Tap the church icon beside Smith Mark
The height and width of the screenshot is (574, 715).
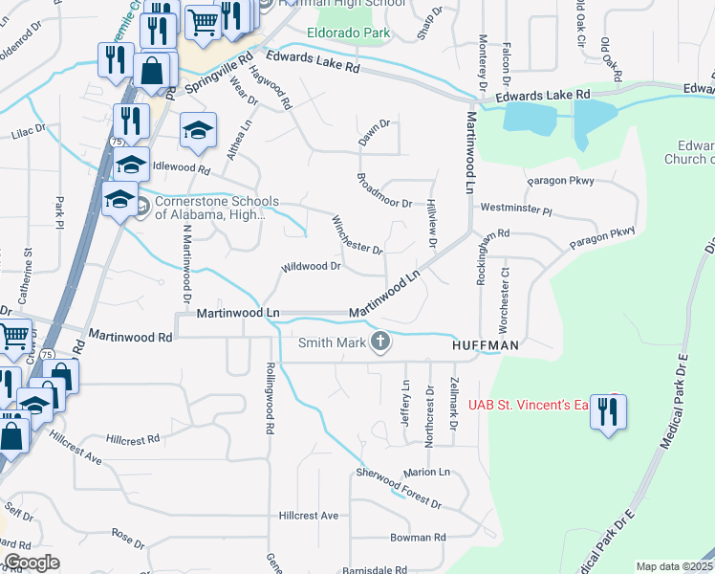pos(380,342)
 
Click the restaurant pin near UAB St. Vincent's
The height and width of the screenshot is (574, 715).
pos(607,412)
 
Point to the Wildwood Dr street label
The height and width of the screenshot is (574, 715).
pos(311,267)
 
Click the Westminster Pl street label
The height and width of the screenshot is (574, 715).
pos(516,208)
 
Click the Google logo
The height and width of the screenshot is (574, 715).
pos(32,563)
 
